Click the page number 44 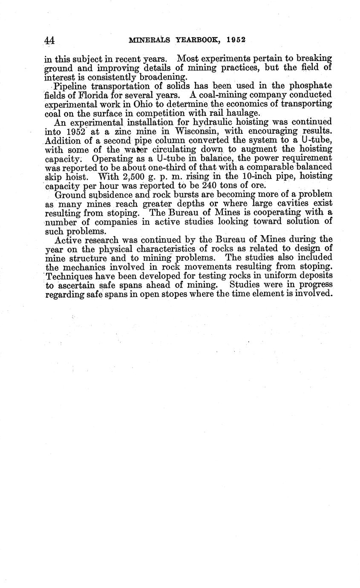click(49, 40)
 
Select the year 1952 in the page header click(236, 40)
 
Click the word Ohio click(144, 104)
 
